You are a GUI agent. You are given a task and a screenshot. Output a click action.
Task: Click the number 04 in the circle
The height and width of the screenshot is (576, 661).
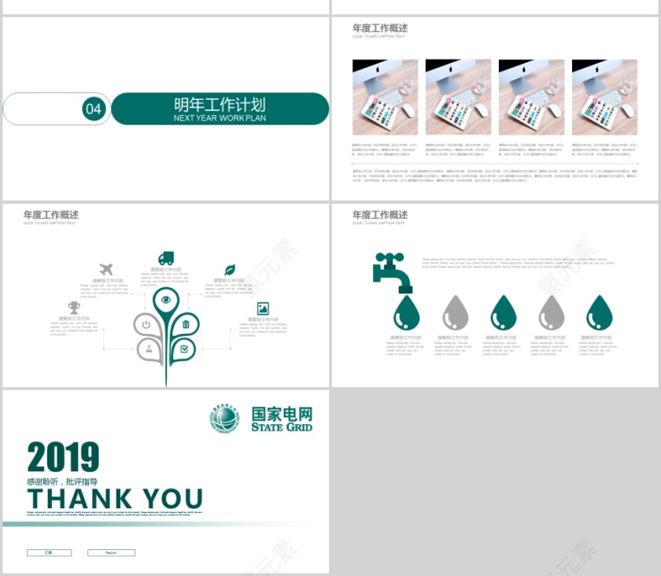pos(94,109)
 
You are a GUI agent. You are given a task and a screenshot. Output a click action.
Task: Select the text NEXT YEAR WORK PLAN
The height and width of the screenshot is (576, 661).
pos(220,118)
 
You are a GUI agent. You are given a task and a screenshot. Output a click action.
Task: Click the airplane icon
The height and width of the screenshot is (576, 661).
pos(106,270)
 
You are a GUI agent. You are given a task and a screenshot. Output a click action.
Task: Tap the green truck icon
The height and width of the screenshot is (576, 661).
pos(165,258)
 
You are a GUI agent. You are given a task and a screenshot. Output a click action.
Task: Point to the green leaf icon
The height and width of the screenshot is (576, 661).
pos(230,270)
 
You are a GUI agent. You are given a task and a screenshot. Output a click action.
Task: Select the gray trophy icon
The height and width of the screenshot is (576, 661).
pos(74,307)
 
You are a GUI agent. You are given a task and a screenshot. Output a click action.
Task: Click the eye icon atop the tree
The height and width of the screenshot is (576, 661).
pos(165,299)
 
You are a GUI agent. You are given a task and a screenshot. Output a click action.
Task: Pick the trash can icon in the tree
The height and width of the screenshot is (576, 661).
pos(186,323)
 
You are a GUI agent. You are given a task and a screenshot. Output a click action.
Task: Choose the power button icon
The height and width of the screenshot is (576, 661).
pos(146,323)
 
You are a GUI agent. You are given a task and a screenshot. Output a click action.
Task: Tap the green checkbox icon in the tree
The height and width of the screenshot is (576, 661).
pos(185,348)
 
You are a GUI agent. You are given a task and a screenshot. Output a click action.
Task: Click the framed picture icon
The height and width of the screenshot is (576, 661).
pos(263,308)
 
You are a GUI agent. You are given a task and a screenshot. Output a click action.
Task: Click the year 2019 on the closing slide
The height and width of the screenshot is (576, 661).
pos(63,458)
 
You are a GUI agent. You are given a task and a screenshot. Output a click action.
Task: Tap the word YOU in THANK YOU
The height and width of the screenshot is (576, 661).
pos(172,499)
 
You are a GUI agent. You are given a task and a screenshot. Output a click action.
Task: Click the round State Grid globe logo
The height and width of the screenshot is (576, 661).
pos(225,419)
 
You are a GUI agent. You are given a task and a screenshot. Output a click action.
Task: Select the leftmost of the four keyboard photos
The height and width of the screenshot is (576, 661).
pos(385,97)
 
